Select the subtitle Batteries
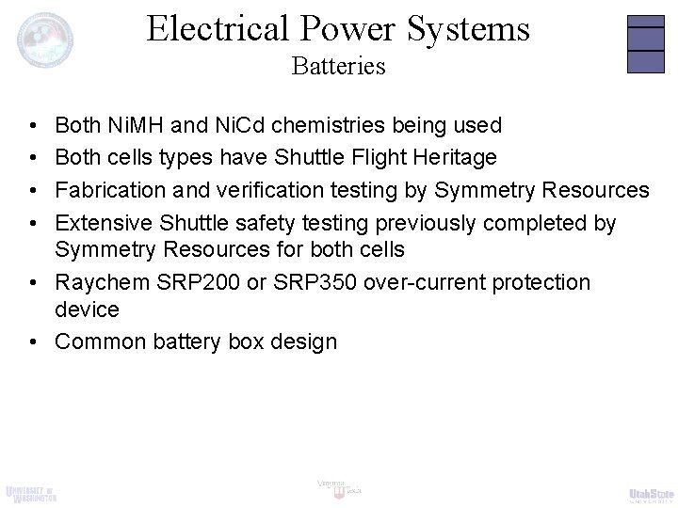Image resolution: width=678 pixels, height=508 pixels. (x=339, y=68)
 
